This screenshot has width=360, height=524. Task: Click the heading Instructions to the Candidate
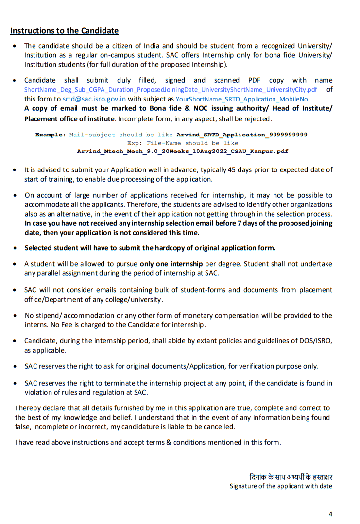[x=64, y=31]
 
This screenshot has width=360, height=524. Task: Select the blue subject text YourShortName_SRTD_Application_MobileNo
[x=241, y=99]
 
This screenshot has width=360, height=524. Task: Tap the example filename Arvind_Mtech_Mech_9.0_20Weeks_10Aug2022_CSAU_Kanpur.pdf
[x=182, y=151]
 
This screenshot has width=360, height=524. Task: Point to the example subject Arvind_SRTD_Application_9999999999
[x=241, y=135]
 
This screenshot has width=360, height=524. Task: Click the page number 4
[x=330, y=514]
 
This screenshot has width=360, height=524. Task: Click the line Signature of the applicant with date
[x=281, y=486]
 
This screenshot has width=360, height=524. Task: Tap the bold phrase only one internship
[x=171, y=264]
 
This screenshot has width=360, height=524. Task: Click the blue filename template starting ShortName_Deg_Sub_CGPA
[x=171, y=90]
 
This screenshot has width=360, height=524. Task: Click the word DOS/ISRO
[x=315, y=341]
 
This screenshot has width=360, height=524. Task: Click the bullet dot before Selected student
[x=15, y=248]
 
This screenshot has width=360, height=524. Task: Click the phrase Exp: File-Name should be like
[x=182, y=143]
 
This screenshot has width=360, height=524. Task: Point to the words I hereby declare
[x=37, y=408]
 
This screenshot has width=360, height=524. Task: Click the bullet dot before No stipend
[x=15, y=315]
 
